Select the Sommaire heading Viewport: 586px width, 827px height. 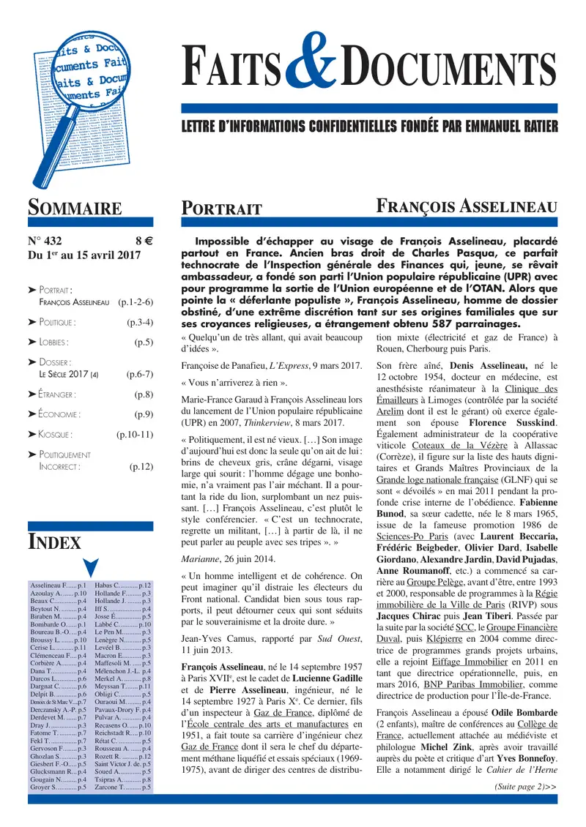(75, 208)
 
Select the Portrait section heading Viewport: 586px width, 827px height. (222, 209)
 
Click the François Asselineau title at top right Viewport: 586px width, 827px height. (467, 207)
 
